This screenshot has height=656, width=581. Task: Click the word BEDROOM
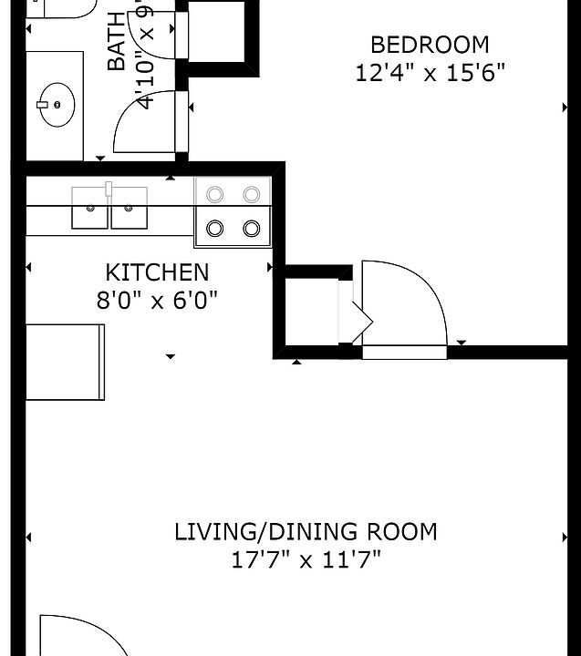coord(429,45)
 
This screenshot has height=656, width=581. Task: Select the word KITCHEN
coord(157,272)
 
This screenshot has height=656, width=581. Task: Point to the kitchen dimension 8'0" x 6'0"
coord(157,300)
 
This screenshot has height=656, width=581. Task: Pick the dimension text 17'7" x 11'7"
coord(306,559)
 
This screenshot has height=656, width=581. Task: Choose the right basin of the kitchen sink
coord(129,208)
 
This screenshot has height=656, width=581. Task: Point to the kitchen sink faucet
coord(109,190)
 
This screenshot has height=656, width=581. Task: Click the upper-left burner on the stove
coord(215,194)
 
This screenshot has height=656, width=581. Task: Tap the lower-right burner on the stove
coord(253,228)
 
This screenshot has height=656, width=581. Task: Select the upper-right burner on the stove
coord(253,194)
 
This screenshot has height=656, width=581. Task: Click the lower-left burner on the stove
coord(215,228)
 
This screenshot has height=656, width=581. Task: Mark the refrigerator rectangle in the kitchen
coord(64,362)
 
